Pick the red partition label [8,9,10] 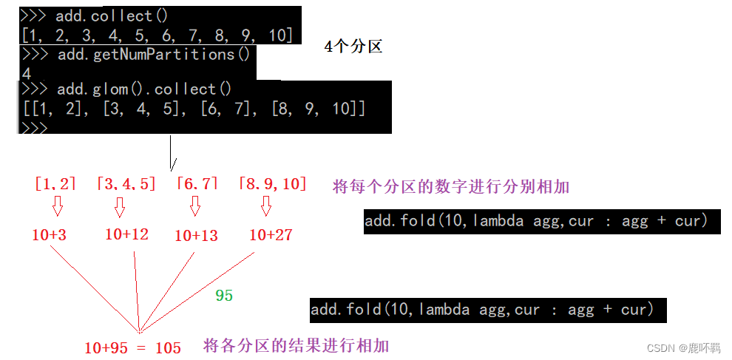coord(273,184)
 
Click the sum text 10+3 coord(50,235)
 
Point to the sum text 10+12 coord(126,234)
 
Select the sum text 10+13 coord(196,236)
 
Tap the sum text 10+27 coord(271,235)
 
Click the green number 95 coord(224,296)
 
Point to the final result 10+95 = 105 coord(132,347)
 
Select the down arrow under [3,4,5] coord(120,208)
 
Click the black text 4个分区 coord(353,47)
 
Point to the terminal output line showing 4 coord(27,72)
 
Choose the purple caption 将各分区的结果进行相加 coord(296,345)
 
